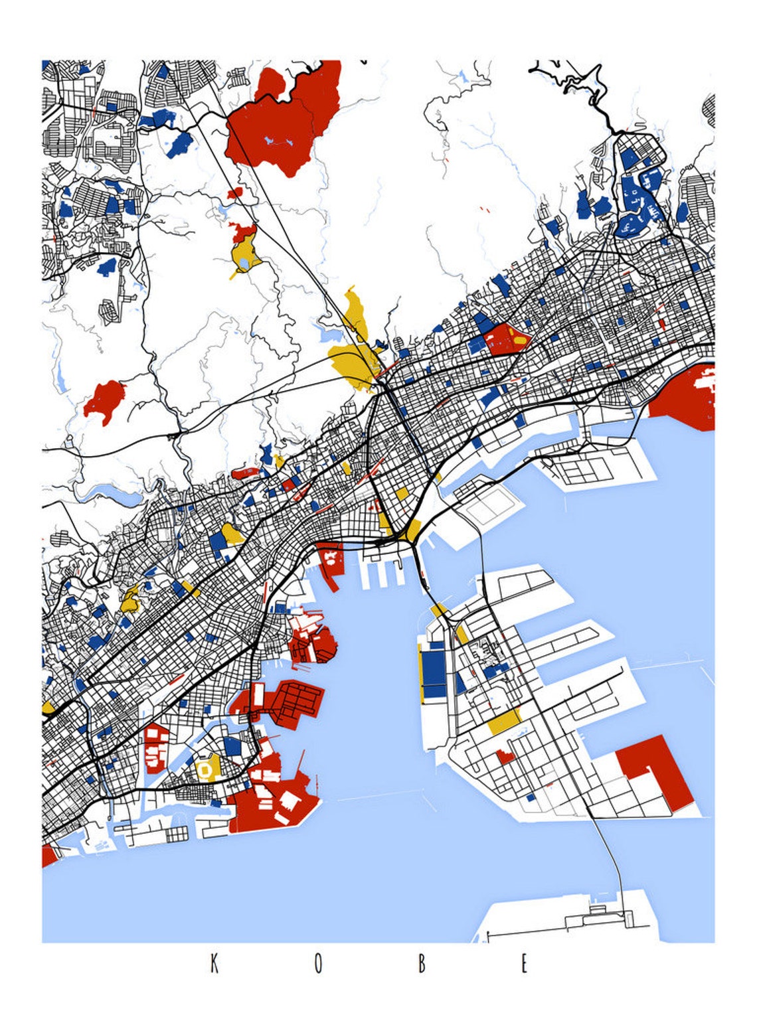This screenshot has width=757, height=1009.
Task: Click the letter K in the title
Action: click(214, 963)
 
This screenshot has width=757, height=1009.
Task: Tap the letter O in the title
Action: click(318, 963)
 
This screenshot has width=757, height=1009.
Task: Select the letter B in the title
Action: click(421, 963)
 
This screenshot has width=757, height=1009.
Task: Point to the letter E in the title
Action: click(525, 963)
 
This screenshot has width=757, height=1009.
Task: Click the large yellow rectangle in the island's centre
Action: click(505, 720)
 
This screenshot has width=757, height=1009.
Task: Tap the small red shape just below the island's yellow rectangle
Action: click(505, 755)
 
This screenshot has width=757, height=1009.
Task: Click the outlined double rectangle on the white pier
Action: click(487, 510)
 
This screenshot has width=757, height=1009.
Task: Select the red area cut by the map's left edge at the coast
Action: click(48, 855)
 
